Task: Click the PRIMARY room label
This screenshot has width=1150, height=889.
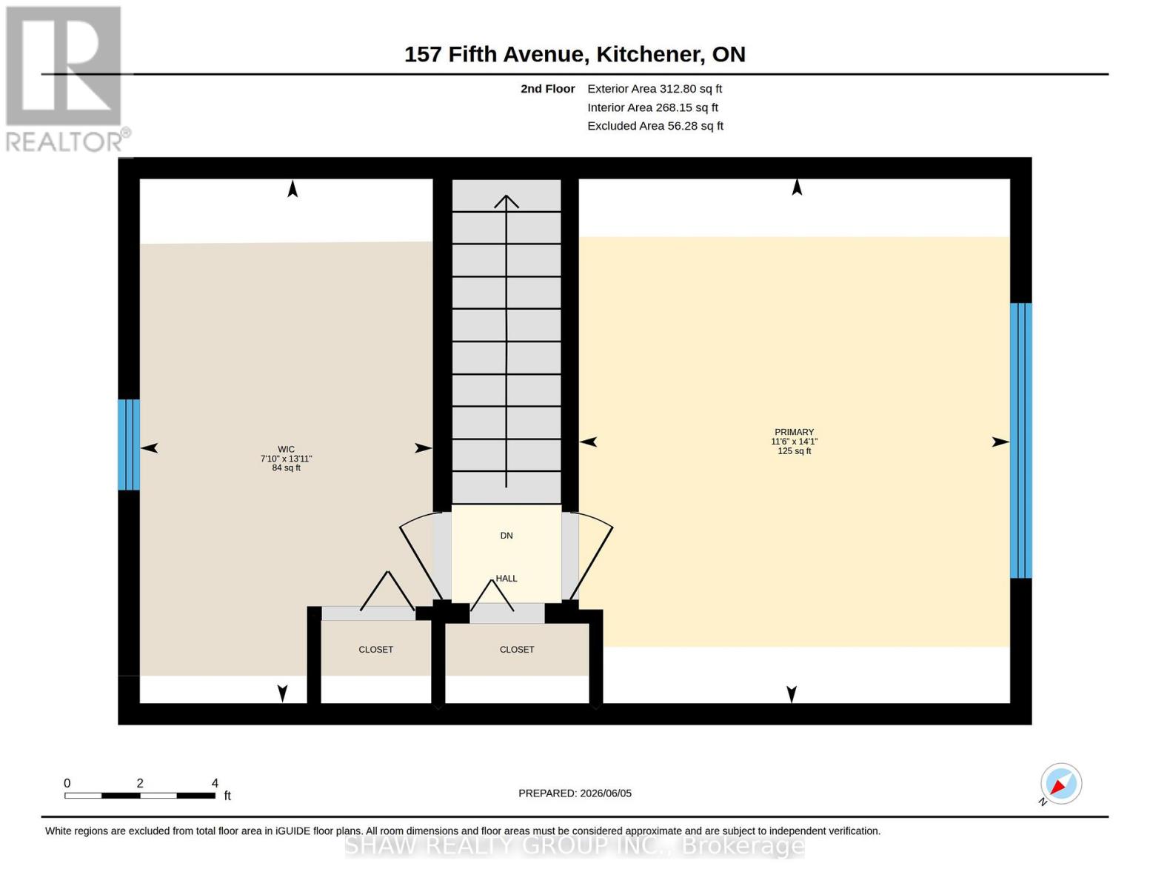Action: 794,432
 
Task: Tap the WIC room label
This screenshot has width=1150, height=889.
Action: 287,449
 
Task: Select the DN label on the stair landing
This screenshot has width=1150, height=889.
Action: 507,536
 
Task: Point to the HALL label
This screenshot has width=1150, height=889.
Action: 507,578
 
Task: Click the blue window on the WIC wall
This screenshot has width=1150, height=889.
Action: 129,444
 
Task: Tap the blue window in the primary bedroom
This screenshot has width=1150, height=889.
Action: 1021,440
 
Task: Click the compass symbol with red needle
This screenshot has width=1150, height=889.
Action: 1060,784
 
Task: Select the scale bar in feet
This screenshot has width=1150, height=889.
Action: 140,795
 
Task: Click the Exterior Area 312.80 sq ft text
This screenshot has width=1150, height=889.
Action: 655,89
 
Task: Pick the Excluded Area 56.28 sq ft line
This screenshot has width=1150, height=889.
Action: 655,126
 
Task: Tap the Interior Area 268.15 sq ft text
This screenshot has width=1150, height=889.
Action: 652,107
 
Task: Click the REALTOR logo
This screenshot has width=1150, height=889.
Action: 66,79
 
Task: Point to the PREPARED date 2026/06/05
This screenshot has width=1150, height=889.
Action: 575,793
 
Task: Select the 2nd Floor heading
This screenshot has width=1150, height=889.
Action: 548,89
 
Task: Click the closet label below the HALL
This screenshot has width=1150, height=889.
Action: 517,650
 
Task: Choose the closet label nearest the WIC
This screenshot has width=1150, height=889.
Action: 375,650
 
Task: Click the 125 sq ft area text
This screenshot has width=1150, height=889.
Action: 794,451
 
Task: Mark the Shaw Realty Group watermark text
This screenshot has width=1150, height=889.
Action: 575,845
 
